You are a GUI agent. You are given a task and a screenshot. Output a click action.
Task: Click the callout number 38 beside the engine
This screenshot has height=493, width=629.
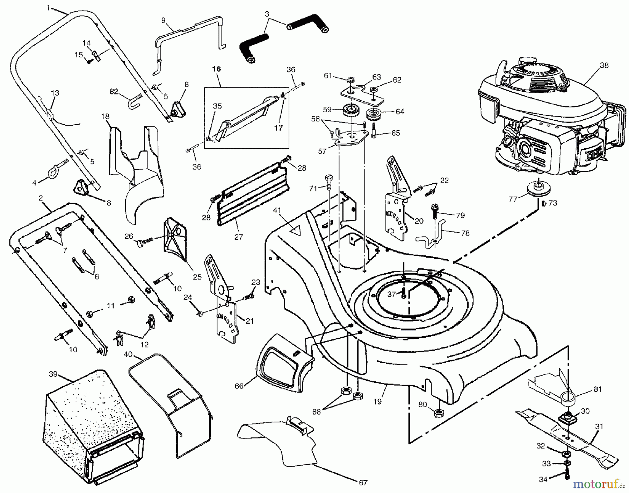(604, 65)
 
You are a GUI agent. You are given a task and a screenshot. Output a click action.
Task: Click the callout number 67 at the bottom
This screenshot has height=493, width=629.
(363, 483)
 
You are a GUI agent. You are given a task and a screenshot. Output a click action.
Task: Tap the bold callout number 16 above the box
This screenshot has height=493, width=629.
(217, 69)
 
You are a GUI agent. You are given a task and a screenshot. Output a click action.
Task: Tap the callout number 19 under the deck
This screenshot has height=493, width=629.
(377, 402)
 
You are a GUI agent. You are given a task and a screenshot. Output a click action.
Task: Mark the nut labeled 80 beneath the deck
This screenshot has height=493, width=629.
(439, 414)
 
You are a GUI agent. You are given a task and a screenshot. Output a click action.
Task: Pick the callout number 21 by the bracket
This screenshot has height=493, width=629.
(250, 321)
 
